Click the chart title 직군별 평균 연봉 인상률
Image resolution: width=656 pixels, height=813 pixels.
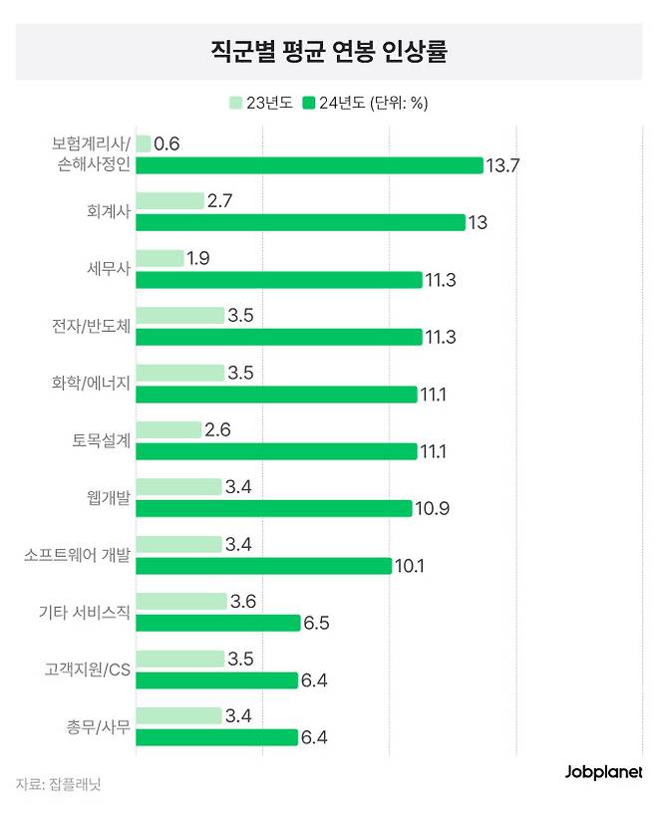pyautogui.click(x=329, y=51)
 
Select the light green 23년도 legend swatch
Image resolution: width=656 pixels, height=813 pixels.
pyautogui.click(x=235, y=103)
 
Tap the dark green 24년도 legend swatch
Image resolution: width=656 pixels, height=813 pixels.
pyautogui.click(x=309, y=103)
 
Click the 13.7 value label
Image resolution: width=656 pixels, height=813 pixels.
pyautogui.click(x=502, y=165)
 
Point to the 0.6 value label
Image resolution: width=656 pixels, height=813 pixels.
pyautogui.click(x=166, y=143)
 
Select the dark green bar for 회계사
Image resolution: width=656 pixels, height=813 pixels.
pyautogui.click(x=300, y=222)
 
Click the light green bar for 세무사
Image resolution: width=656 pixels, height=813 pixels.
pyautogui.click(x=160, y=258)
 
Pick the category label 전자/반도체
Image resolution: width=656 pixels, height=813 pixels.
pyautogui.click(x=91, y=326)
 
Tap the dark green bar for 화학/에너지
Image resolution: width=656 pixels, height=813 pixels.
pyautogui.click(x=276, y=395)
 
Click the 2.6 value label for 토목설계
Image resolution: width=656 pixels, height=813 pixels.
pyautogui.click(x=217, y=429)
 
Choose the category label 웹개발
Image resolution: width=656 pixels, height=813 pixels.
pyautogui.click(x=109, y=498)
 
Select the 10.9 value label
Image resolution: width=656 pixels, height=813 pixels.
pyautogui.click(x=432, y=509)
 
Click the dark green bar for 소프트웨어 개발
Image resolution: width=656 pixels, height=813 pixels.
pyautogui.click(x=263, y=566)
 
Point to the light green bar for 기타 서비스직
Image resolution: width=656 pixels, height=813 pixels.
pyautogui.click(x=181, y=602)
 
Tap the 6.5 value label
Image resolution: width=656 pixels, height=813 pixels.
pyautogui.click(x=317, y=624)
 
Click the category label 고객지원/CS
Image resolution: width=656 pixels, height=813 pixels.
pyautogui.click(x=87, y=670)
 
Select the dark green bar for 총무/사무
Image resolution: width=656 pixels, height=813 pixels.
pyautogui.click(x=217, y=737)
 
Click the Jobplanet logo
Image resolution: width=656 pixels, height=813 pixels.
pyautogui.click(x=603, y=772)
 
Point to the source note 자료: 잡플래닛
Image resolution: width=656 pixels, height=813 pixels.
pyautogui.click(x=58, y=783)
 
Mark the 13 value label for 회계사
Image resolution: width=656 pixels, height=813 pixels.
pyautogui.click(x=478, y=222)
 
